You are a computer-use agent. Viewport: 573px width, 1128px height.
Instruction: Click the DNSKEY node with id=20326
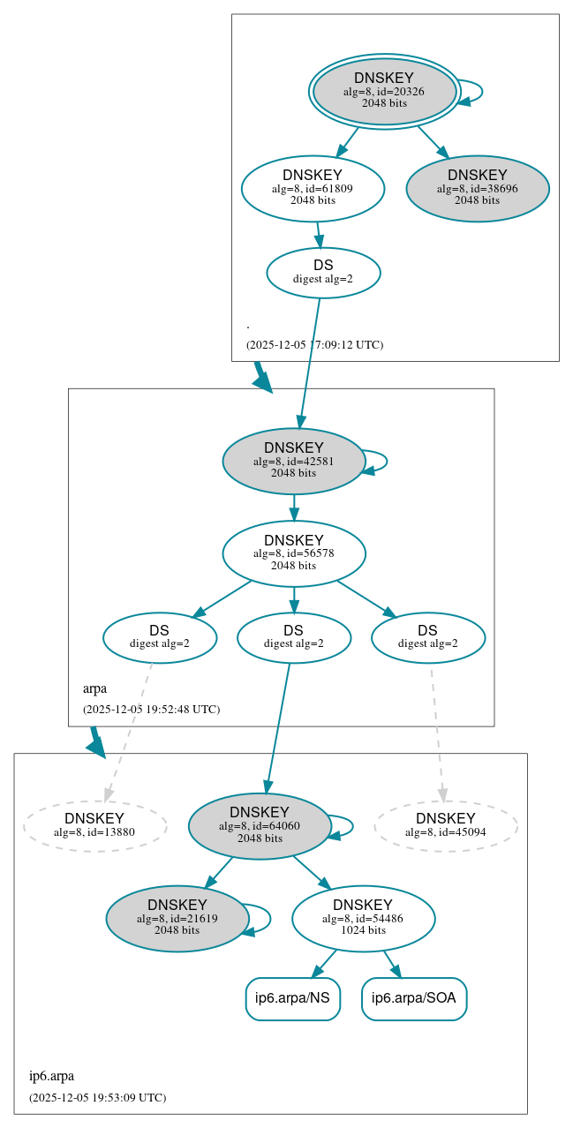pyautogui.click(x=384, y=91)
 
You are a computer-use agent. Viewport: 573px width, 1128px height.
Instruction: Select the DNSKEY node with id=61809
pyautogui.click(x=313, y=188)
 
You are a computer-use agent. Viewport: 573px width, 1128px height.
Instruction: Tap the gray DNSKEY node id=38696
pyautogui.click(x=478, y=188)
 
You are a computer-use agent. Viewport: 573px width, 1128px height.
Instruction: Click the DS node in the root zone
pyautogui.click(x=323, y=273)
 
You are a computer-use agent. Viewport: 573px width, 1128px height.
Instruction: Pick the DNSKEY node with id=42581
pyautogui.click(x=294, y=461)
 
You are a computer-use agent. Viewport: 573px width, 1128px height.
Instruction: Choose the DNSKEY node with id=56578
pyautogui.click(x=294, y=553)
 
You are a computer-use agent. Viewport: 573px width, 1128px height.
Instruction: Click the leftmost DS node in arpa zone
pyautogui.click(x=160, y=637)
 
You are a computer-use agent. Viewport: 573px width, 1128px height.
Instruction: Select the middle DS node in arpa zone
pyautogui.click(x=294, y=637)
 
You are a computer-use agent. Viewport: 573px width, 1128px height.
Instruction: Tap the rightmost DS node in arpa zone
pyautogui.click(x=428, y=637)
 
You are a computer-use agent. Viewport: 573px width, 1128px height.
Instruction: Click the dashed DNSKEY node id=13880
pyautogui.click(x=94, y=826)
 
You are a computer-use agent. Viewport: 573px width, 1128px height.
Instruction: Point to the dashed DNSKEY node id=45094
pyautogui.click(x=446, y=826)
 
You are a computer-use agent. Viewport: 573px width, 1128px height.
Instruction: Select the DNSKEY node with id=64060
pyautogui.click(x=260, y=826)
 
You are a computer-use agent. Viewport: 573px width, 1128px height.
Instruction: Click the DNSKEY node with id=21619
pyautogui.click(x=177, y=919)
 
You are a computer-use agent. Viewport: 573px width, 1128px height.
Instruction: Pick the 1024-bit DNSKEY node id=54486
pyautogui.click(x=363, y=919)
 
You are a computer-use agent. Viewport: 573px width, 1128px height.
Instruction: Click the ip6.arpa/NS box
pyautogui.click(x=292, y=999)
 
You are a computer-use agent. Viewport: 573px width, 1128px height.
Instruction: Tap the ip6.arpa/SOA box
pyautogui.click(x=414, y=999)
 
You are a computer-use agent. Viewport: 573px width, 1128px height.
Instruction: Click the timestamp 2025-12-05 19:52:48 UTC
pyautogui.click(x=151, y=709)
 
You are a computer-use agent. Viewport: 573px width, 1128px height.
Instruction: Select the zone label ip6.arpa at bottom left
pyautogui.click(x=51, y=1076)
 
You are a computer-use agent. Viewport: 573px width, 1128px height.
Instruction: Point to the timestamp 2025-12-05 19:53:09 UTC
pyautogui.click(x=97, y=1098)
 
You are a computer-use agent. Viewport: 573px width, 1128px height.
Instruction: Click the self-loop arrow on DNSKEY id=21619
pyautogui.click(x=268, y=919)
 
